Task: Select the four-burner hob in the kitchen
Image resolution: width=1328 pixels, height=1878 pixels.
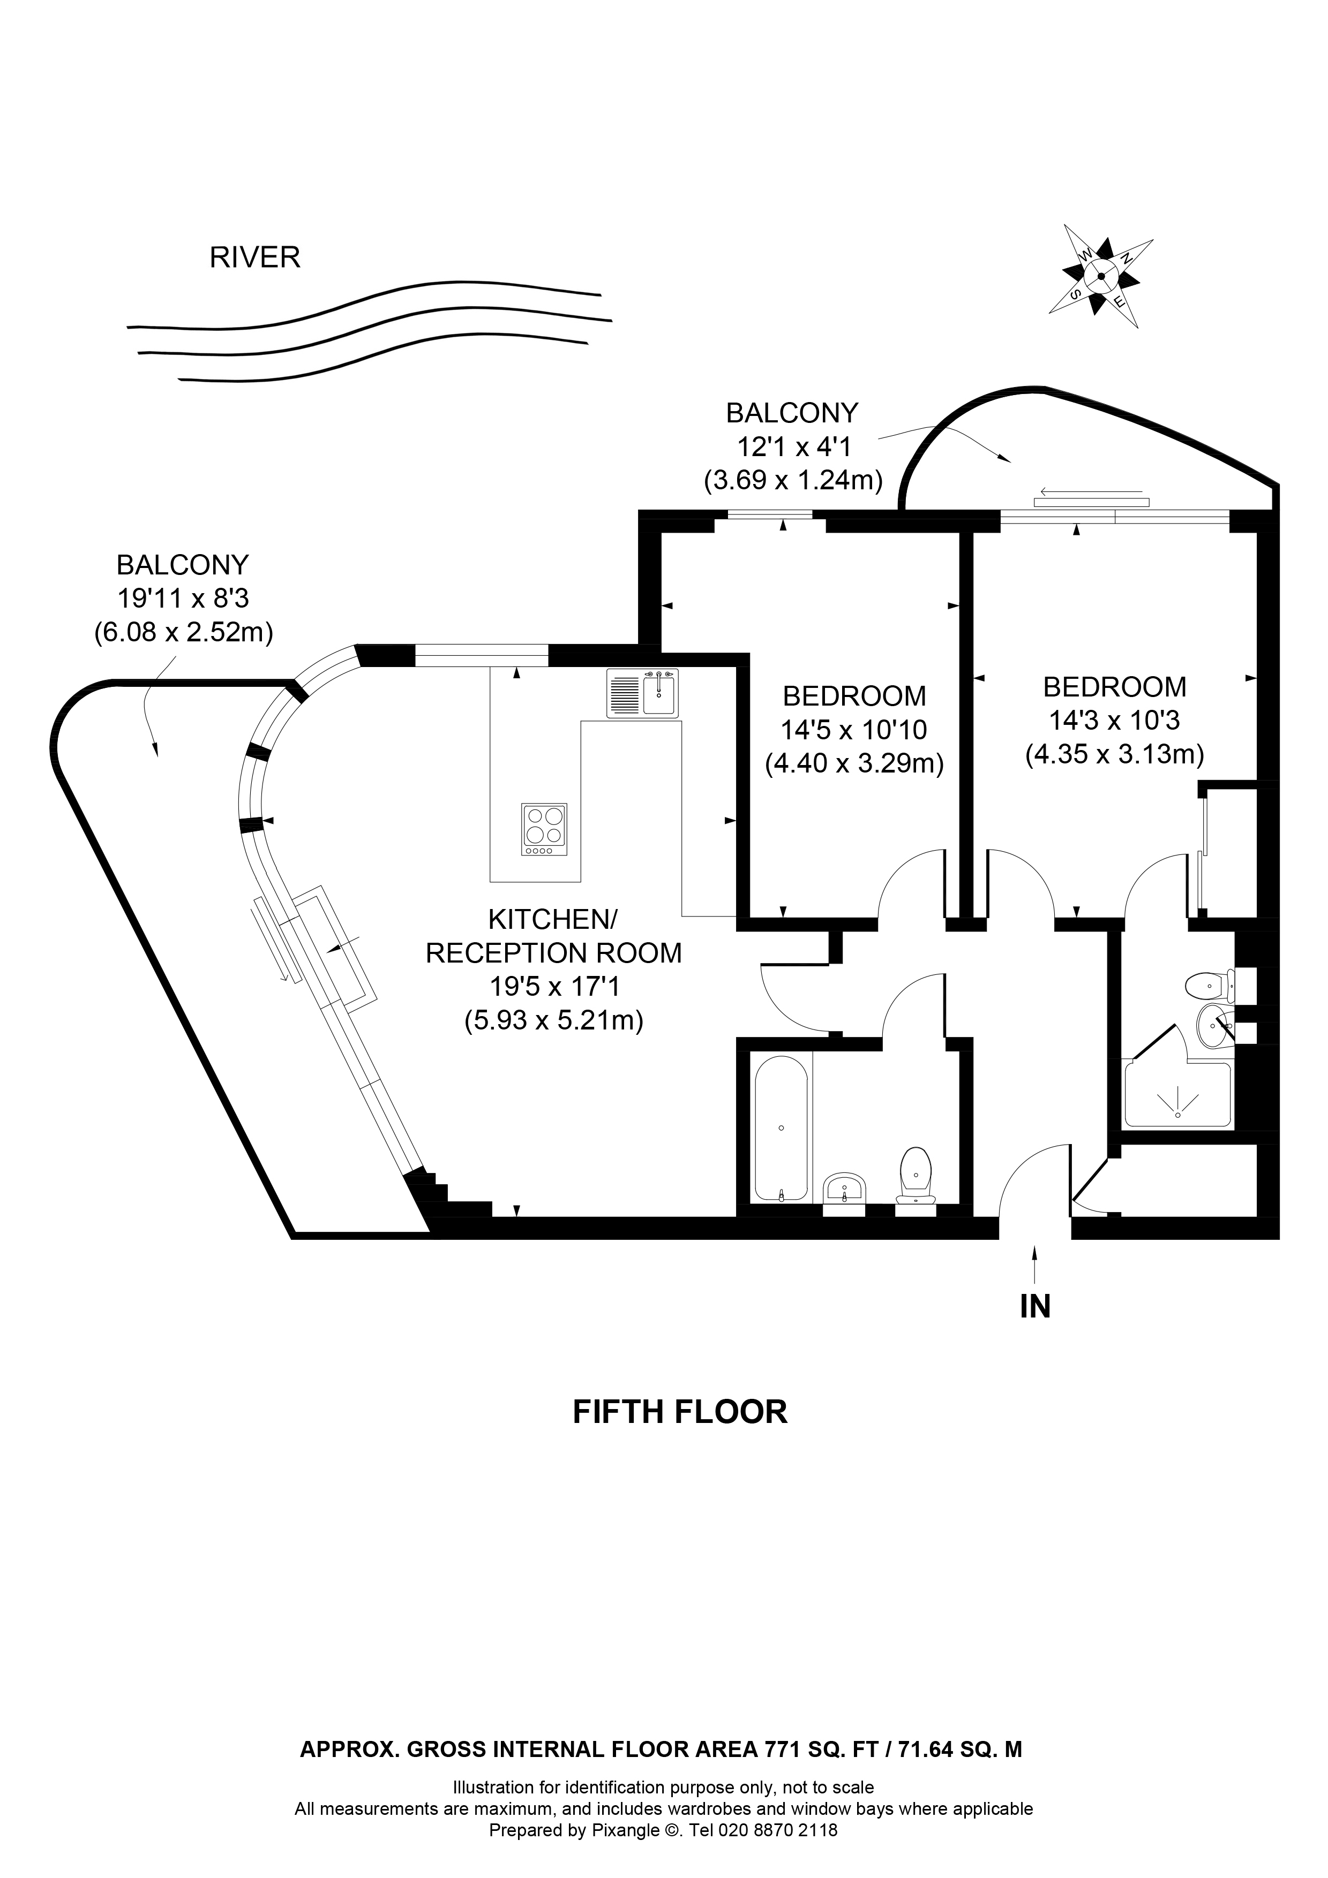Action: tap(544, 829)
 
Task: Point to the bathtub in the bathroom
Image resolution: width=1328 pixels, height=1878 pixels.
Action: tap(782, 1128)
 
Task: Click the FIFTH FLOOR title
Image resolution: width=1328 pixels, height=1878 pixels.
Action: tap(680, 1413)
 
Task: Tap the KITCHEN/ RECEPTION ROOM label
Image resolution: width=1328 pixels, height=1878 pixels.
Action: tap(553, 936)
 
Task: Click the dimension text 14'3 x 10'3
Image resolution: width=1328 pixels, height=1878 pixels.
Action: tap(1114, 720)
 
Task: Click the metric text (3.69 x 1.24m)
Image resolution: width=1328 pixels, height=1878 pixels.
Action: tap(793, 480)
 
